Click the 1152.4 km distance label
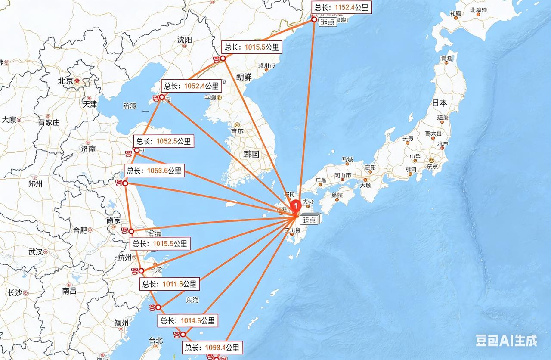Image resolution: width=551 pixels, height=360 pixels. pyautogui.click(x=341, y=7)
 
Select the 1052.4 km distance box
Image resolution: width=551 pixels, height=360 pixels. pyautogui.click(x=191, y=86)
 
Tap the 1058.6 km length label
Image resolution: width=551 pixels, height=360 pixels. pyautogui.click(x=154, y=171)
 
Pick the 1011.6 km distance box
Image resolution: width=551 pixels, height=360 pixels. pyautogui.click(x=170, y=284)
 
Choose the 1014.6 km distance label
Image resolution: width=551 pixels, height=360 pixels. pyautogui.click(x=188, y=320)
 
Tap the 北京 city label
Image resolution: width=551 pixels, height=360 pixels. pyautogui.click(x=66, y=81)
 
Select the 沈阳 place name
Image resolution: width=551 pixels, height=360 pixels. pyautogui.click(x=184, y=40)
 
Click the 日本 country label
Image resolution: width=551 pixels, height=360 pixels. pyautogui.click(x=440, y=103)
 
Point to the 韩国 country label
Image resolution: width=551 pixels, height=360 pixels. pyautogui.click(x=251, y=154)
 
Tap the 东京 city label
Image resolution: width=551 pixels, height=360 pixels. pyautogui.click(x=432, y=166)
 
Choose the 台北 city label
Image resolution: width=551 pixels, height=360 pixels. pyautogui.click(x=156, y=340)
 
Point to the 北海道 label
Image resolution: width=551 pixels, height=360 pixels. pyautogui.click(x=479, y=10)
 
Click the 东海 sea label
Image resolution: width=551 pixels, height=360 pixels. pyautogui.click(x=192, y=300)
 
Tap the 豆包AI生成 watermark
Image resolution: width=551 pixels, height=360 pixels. pyautogui.click(x=506, y=341)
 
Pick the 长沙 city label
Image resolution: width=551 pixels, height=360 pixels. pyautogui.click(x=15, y=293)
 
